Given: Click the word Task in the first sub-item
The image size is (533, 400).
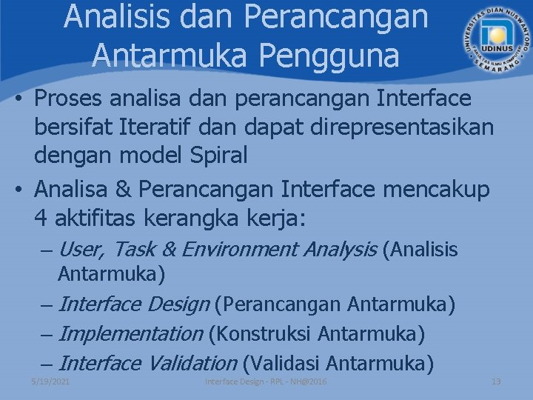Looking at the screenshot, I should click(139, 250).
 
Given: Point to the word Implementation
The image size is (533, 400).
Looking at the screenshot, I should click(130, 334).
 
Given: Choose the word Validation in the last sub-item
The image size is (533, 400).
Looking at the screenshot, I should click(192, 364).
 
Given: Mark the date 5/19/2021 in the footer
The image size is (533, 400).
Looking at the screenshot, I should click(50, 381).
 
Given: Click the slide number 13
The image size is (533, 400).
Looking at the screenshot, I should click(496, 381).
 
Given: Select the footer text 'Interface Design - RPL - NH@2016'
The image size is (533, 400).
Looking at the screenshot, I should click(266, 381).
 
